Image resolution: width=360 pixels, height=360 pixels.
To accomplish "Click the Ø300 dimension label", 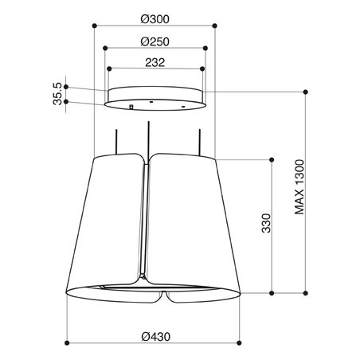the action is (155, 19).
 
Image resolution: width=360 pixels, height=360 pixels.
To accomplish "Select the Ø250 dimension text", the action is (155, 41).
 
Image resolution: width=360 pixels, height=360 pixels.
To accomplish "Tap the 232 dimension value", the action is (155, 62).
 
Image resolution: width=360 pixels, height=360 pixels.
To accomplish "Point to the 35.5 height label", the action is (57, 94).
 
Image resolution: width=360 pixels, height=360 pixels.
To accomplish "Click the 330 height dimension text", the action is (266, 223).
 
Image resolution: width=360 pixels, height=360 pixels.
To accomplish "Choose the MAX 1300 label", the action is (299, 187).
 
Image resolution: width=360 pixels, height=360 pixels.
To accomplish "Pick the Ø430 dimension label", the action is (156, 337).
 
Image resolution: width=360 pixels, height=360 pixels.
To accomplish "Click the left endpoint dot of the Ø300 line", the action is (94, 25).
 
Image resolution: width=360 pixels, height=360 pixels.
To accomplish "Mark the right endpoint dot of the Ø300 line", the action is (215, 25).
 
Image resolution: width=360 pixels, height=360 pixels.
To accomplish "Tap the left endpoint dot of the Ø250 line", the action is (105, 48).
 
